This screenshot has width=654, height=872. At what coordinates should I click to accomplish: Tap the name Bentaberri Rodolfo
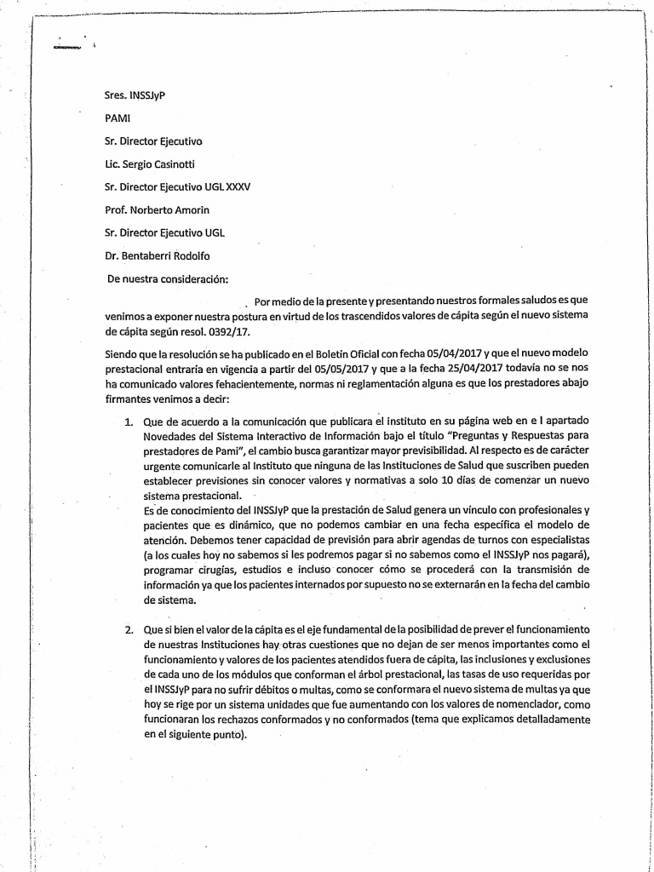point(165,255)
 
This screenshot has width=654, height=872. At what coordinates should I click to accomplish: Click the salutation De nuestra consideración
point(168,278)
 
